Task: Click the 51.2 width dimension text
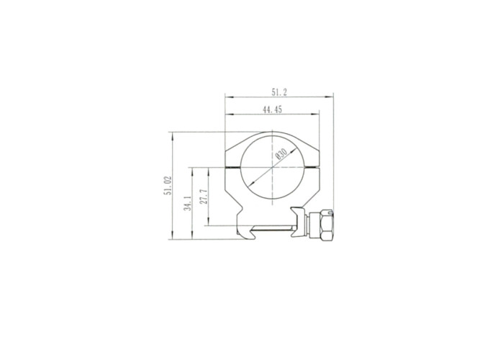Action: pos(279,92)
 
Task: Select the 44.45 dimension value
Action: pos(272,109)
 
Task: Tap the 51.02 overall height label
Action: pos(168,186)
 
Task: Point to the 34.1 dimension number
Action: pos(188,204)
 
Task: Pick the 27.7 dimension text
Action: pos(204,197)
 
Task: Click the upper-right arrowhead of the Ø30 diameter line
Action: pos(294,150)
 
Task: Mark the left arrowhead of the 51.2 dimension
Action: pos(228,97)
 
